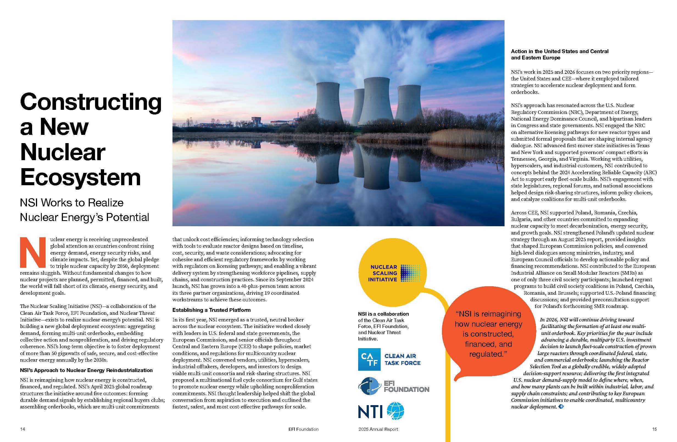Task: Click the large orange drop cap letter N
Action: [32, 252]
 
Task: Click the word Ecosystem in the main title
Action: [80, 177]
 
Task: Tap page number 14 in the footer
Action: [23, 429]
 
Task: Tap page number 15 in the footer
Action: [654, 429]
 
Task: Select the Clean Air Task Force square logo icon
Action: [369, 359]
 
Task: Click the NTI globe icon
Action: [395, 411]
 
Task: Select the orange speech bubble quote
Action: [488, 334]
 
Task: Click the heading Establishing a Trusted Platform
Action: [211, 310]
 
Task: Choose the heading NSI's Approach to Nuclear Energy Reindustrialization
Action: [86, 370]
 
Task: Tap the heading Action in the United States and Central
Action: [559, 51]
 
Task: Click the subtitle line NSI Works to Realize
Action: [72, 203]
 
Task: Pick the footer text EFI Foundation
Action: [303, 429]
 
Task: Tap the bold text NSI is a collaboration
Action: [383, 314]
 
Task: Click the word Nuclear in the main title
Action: [63, 152]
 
